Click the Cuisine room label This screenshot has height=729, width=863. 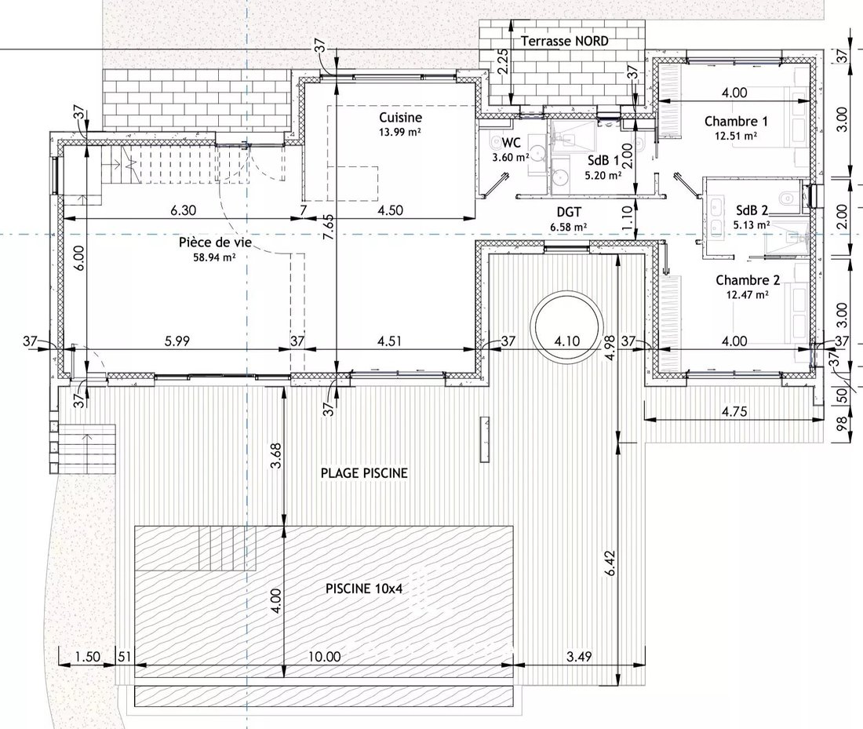(401, 117)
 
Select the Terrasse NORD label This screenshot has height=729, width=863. (565, 42)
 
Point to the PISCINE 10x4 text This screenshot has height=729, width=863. (364, 589)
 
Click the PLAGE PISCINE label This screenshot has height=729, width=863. (364, 473)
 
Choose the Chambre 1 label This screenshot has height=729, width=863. (736, 121)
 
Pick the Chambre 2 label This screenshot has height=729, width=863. (748, 280)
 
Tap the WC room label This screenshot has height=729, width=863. (511, 143)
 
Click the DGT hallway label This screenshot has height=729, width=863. (569, 213)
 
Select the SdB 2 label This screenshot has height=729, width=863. (752, 210)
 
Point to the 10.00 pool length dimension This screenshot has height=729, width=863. (324, 656)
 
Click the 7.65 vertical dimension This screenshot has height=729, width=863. (328, 227)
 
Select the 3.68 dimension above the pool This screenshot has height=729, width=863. (276, 456)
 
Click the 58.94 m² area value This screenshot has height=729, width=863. (215, 257)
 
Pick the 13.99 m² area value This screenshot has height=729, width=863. (400, 132)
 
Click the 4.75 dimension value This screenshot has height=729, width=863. (734, 411)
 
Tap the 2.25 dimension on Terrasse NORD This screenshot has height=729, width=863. (502, 62)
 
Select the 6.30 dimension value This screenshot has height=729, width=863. (184, 210)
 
